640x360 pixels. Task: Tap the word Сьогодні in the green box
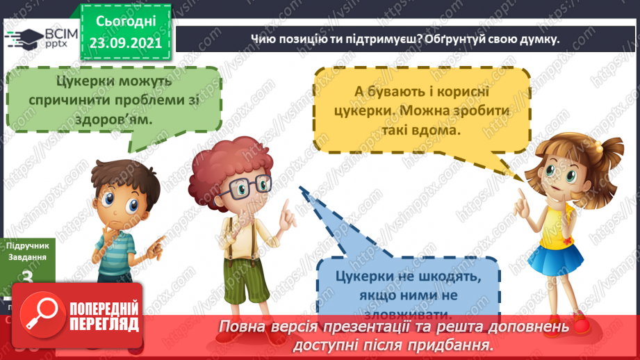125,22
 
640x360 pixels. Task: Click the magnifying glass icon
40,316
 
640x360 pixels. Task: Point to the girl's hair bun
612,149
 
